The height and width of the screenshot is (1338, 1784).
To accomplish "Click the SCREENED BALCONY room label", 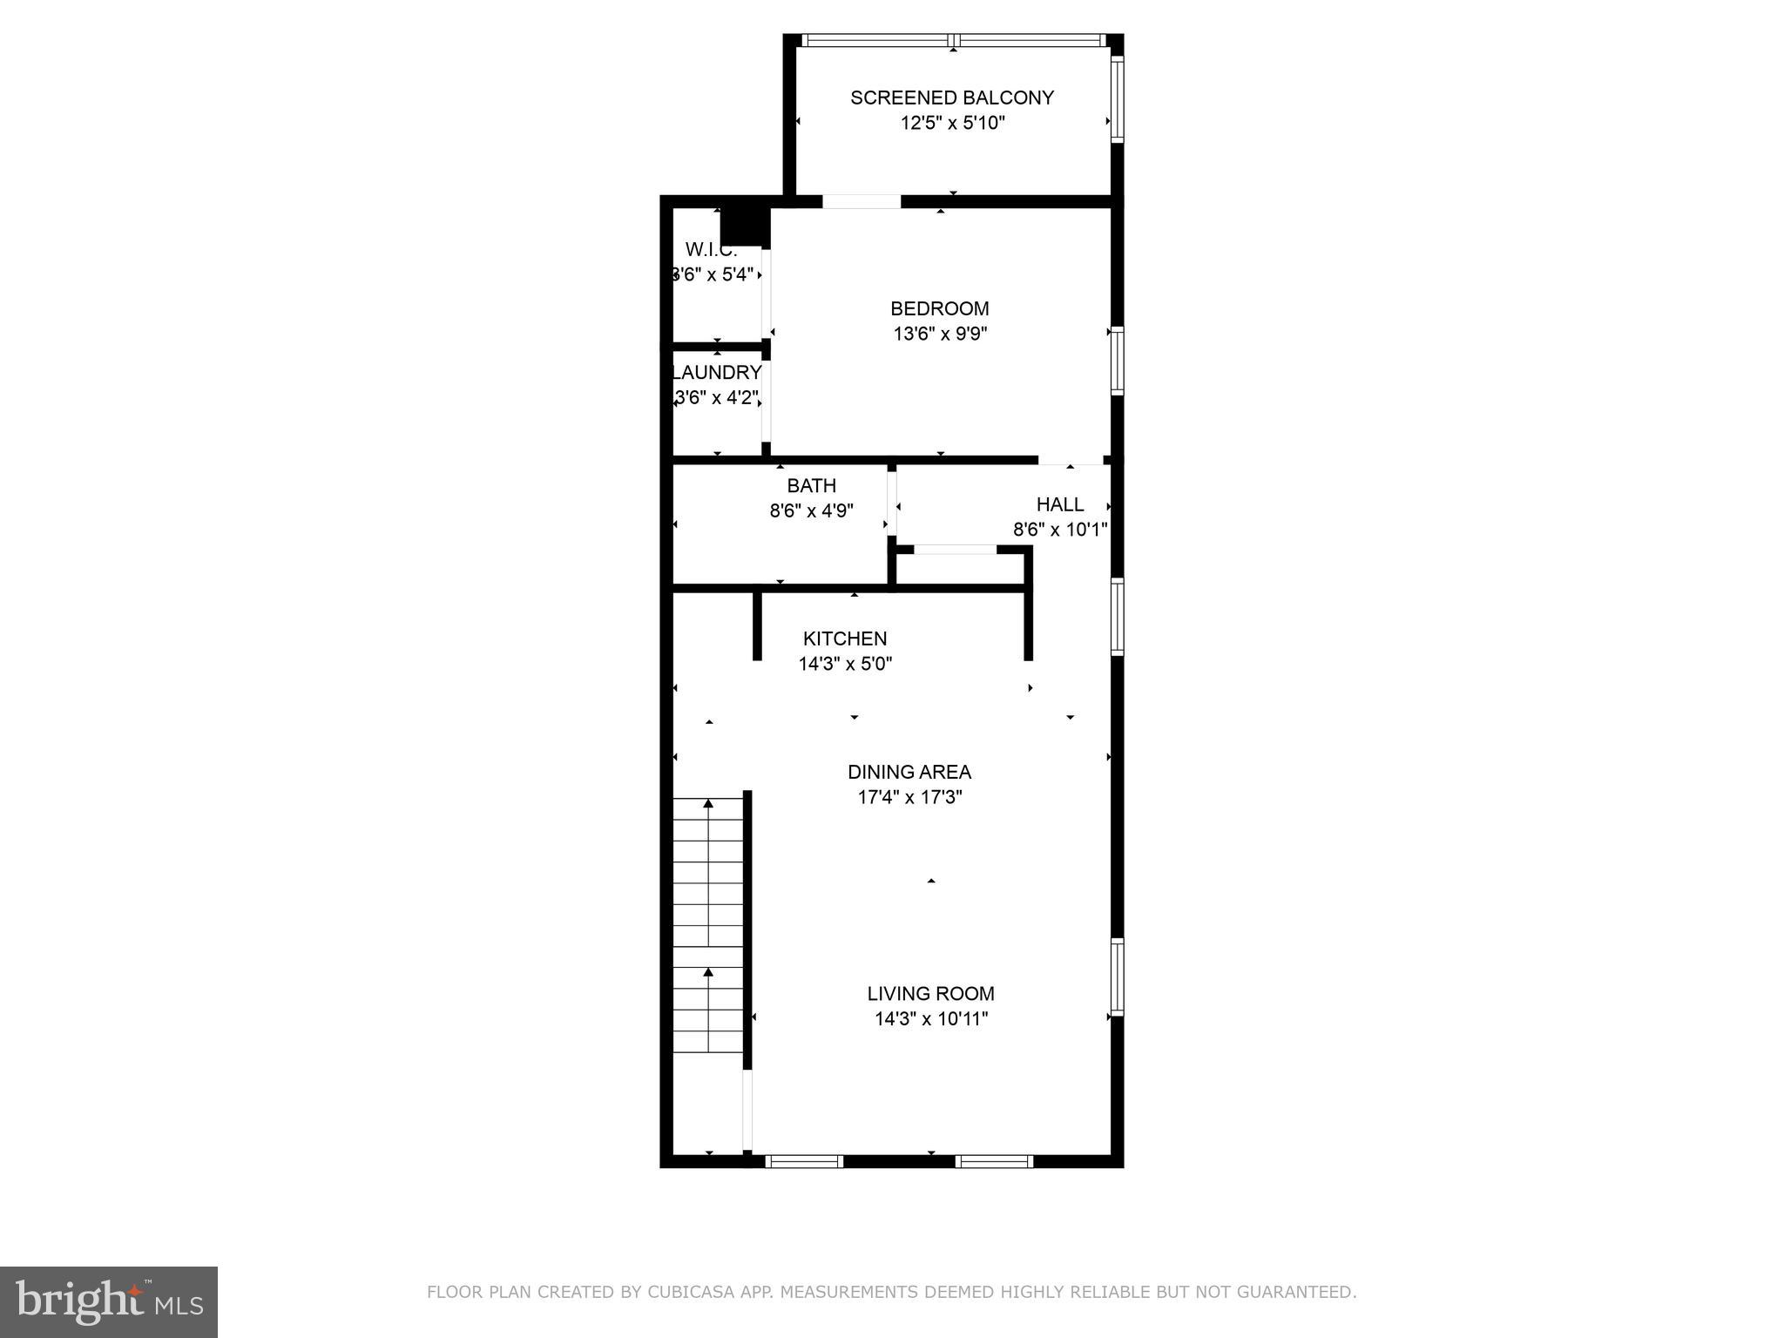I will click(x=952, y=98).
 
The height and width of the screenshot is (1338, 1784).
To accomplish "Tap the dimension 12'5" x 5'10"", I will click(x=952, y=123).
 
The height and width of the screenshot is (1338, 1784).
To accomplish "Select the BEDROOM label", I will click(x=939, y=308).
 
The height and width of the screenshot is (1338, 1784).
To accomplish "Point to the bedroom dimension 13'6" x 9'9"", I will click(x=939, y=334).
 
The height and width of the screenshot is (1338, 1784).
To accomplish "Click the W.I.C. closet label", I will click(x=711, y=249).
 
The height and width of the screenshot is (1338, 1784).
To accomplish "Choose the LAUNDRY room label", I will click(x=716, y=373).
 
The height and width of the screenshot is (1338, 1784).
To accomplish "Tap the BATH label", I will click(x=811, y=486).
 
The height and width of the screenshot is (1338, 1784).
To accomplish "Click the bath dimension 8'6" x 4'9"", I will click(x=811, y=510).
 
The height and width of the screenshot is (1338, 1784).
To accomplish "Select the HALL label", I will click(x=1059, y=504).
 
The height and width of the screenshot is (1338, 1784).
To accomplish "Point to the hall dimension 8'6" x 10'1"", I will click(x=1059, y=530).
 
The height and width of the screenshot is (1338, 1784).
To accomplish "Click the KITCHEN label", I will click(x=845, y=639).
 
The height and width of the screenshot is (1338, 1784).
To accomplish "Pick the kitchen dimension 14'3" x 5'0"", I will click(x=845, y=664).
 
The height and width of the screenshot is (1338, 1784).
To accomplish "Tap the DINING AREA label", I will click(x=909, y=772).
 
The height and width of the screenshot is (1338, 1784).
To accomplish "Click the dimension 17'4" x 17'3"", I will click(x=909, y=797).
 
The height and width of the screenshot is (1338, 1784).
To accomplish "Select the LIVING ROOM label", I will click(x=930, y=993).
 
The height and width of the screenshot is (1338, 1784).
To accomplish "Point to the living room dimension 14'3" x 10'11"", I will click(x=930, y=1018).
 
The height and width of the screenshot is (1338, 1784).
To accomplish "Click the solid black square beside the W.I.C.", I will click(x=745, y=226).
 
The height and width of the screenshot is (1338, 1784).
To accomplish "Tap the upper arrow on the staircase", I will click(x=708, y=804).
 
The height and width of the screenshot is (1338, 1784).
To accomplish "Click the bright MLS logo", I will click(x=109, y=1301).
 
